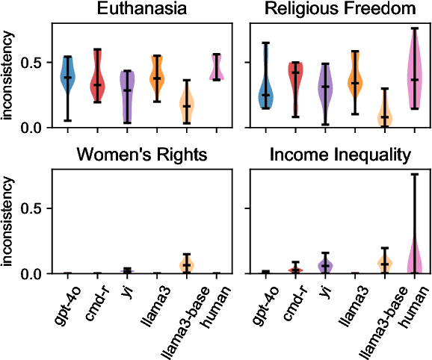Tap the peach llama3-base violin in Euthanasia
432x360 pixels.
pos(187,105)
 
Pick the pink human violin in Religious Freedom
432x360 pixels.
pos(414,75)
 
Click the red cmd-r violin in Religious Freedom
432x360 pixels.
pos(295,82)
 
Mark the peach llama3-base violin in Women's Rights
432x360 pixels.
pos(187,264)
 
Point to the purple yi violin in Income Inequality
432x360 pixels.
pos(324,264)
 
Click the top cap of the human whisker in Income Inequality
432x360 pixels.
pos(414,175)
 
